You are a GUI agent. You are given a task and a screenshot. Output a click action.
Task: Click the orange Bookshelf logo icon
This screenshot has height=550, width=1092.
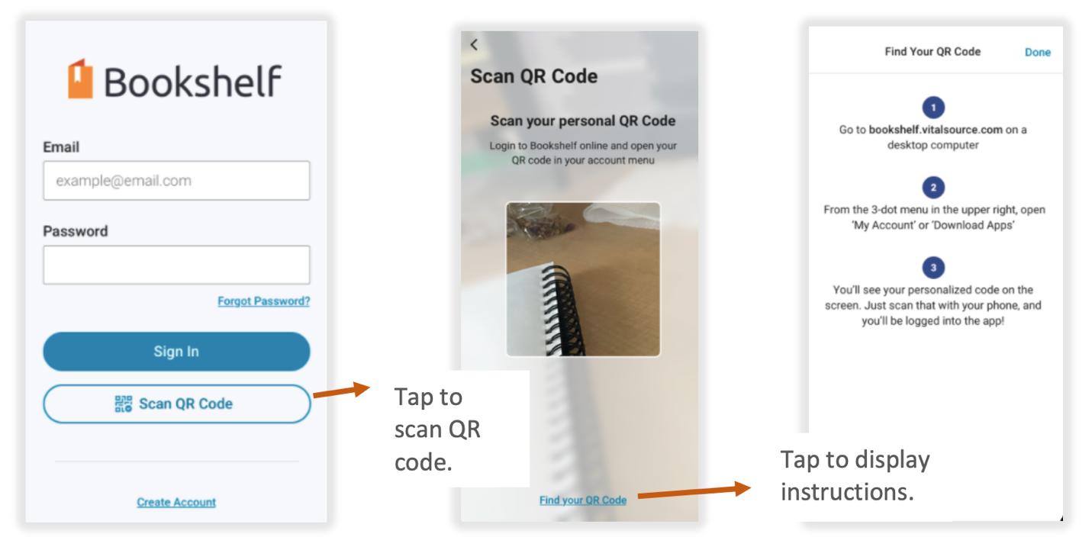[x=80, y=79]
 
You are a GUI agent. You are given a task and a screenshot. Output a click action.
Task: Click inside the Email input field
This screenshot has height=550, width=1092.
[x=176, y=181]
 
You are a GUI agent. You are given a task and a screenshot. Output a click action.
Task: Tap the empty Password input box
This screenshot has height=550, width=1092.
[x=176, y=265]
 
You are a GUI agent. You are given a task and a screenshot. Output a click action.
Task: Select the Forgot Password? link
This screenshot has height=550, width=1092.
[x=263, y=301]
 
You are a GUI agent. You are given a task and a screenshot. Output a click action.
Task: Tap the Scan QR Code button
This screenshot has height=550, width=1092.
[x=176, y=404]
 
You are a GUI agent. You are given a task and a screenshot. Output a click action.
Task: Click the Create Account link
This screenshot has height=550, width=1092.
[x=176, y=502]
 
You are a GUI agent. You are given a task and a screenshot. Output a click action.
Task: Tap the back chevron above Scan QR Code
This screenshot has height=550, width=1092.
[x=474, y=44]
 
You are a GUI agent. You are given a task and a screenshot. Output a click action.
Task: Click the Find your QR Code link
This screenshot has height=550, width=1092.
[x=583, y=500]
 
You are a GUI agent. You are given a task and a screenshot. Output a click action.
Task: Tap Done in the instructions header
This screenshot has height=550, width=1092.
[x=1037, y=53]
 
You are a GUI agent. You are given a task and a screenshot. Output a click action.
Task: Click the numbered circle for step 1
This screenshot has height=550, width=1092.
[x=933, y=108]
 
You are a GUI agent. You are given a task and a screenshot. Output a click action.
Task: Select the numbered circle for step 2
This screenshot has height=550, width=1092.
[x=933, y=188]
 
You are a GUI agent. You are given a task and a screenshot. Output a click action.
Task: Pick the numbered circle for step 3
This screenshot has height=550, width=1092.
[x=933, y=268]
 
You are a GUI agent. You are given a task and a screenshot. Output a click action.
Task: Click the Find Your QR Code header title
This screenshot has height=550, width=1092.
[x=933, y=52]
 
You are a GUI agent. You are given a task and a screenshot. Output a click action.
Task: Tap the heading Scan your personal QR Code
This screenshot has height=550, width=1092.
[x=583, y=121]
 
